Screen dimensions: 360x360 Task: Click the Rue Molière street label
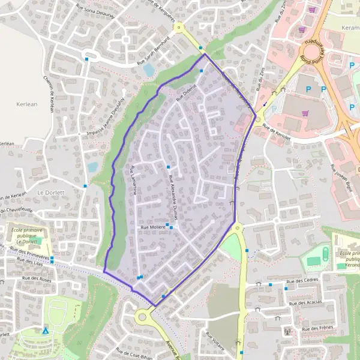(x=152, y=228)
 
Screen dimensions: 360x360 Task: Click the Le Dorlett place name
(x=50, y=193)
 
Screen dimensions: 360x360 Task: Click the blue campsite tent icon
(x=46, y=330)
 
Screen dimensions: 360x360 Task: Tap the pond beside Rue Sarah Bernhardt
(x=149, y=70)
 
